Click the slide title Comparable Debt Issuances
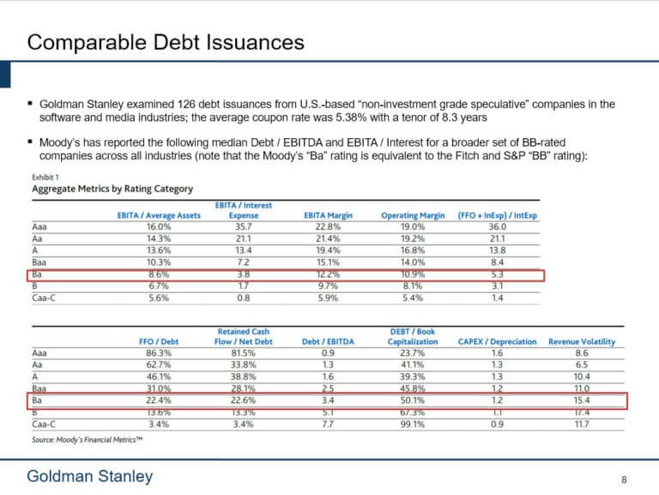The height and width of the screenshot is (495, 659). pos(164,42)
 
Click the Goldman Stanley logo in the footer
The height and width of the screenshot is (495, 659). pos(89,477)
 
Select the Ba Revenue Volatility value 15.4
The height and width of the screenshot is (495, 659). pos(581,400)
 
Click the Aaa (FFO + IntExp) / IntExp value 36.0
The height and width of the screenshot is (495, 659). pos(497,226)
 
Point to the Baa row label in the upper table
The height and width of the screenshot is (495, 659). pos(39,262)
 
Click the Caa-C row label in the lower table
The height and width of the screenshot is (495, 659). pos(44,424)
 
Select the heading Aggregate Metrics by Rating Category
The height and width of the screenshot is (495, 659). pos(112,189)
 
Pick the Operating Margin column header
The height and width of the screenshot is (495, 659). pos(414,215)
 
